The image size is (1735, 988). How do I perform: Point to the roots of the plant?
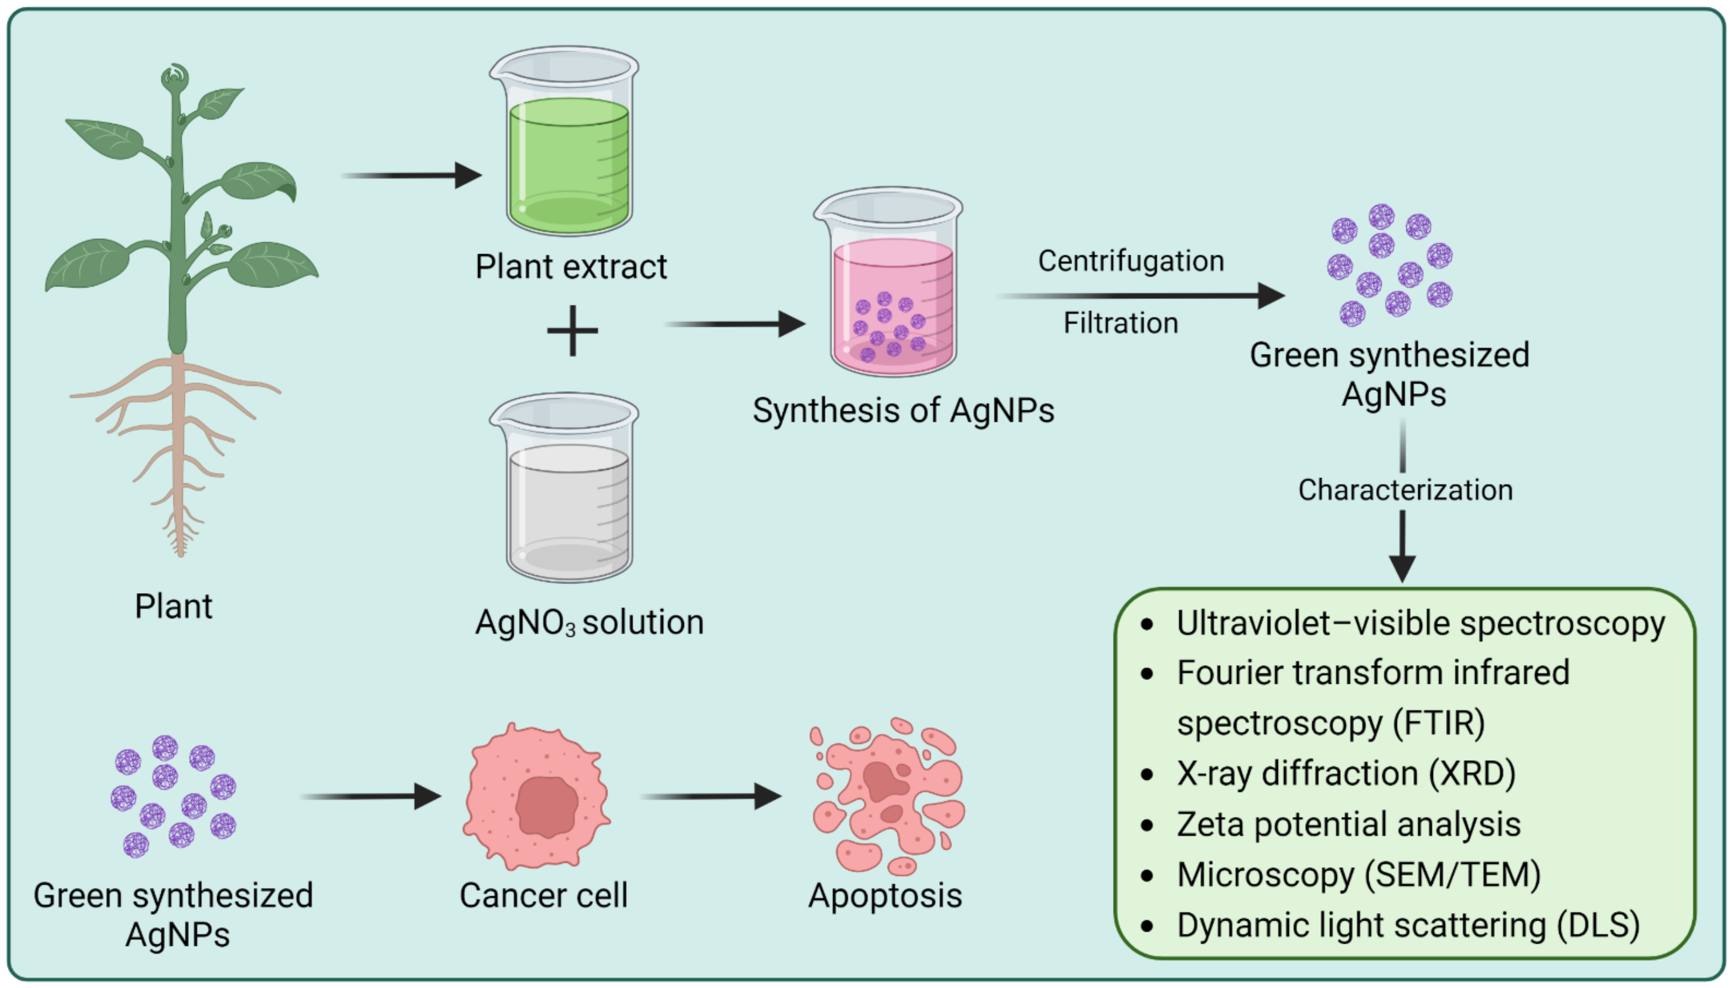pos(178,448)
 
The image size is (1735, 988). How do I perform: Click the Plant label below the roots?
pos(174,606)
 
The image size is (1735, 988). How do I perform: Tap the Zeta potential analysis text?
pos(1348,824)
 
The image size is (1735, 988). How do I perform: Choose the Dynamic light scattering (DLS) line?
pos(1407,925)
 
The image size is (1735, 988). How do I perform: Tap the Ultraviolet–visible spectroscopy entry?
pos(1420,623)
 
